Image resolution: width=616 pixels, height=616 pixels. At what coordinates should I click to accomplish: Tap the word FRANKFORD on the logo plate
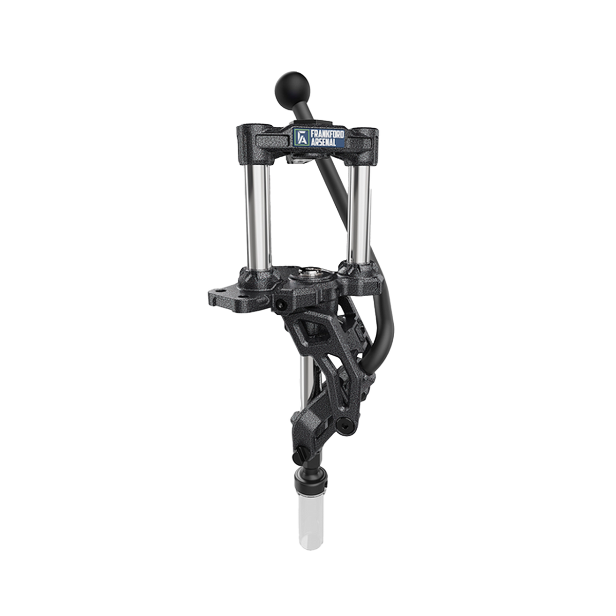point(327,134)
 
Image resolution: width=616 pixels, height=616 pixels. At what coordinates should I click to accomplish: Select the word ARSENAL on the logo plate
point(323,142)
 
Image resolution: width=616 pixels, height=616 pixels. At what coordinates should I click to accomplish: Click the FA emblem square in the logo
point(301,138)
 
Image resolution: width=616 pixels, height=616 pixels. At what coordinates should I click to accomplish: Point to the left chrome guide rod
point(258,217)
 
